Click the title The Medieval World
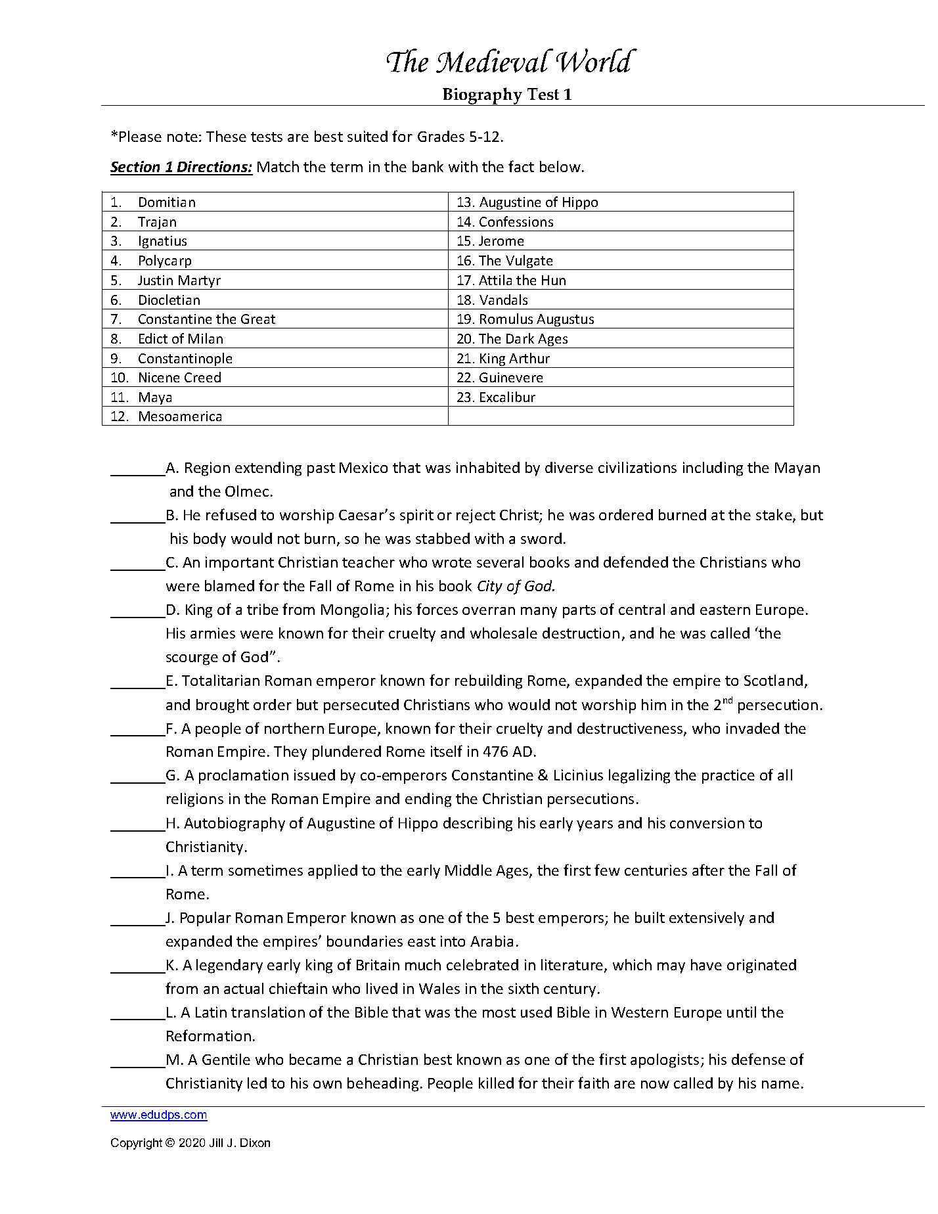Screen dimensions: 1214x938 coord(509,62)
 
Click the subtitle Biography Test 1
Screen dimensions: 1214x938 coord(506,95)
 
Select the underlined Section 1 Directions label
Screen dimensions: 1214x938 coord(181,167)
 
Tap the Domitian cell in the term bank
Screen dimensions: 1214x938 coord(166,202)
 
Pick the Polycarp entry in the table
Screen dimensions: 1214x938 coord(164,261)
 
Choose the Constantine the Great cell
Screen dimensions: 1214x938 coord(206,319)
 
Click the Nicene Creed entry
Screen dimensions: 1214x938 coord(179,378)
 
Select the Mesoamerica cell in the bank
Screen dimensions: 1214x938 coord(180,416)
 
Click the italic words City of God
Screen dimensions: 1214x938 coord(516,586)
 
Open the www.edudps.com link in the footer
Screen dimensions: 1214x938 coord(158,1115)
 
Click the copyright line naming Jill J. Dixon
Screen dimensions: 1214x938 coord(190,1142)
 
